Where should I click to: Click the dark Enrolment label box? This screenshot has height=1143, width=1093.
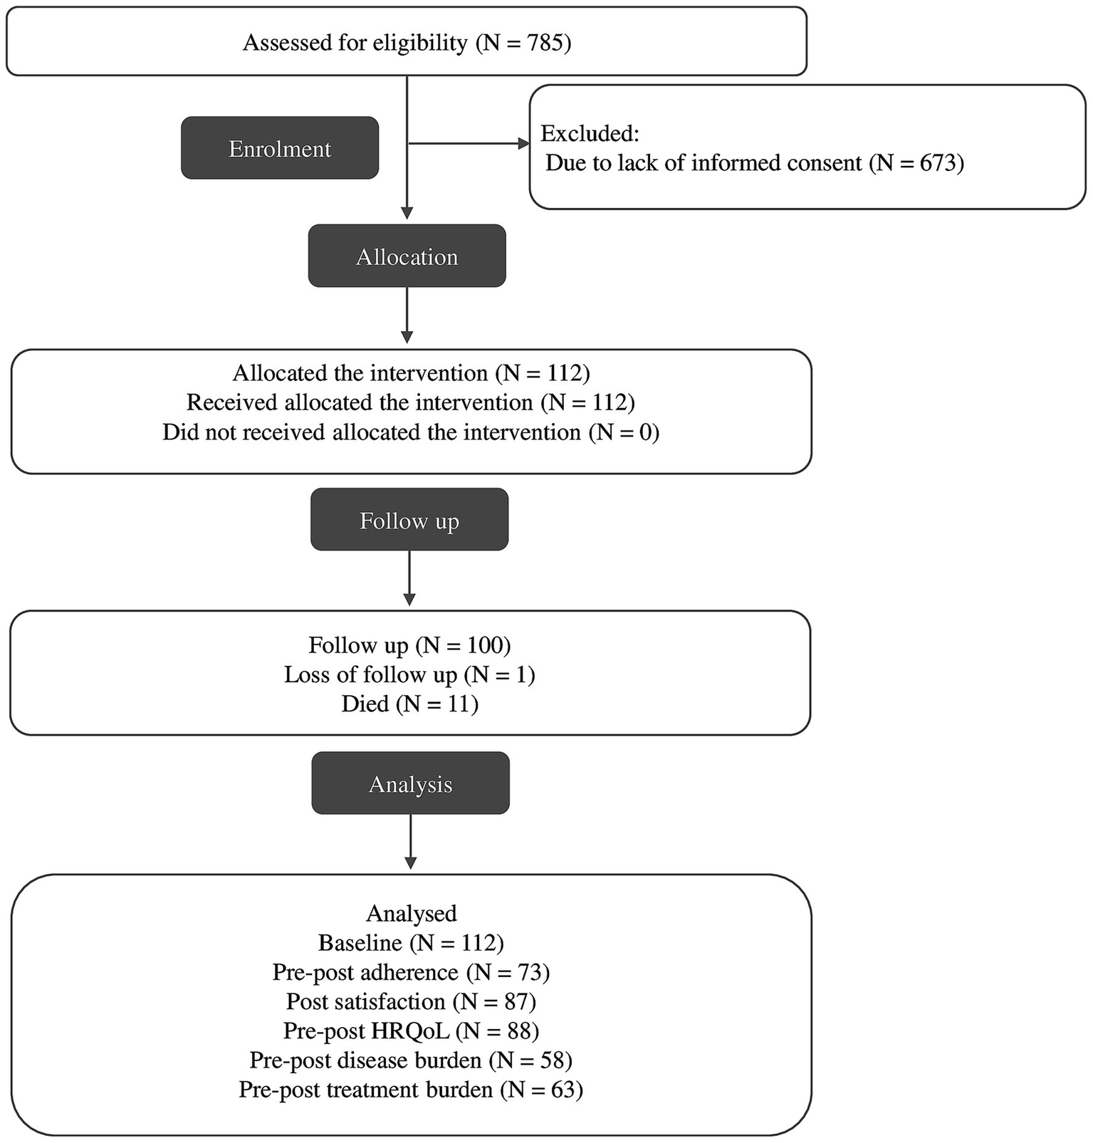[279, 148]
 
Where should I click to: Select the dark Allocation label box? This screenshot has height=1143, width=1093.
[407, 256]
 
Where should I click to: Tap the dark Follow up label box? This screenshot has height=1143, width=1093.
[409, 520]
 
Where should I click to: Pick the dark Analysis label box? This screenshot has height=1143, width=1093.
[410, 783]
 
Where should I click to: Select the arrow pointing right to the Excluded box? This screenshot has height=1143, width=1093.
[470, 144]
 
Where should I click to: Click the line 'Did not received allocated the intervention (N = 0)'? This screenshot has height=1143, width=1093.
[411, 432]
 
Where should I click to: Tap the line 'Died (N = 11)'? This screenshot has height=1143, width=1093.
[409, 704]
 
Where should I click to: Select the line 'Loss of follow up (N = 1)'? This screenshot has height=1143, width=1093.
[409, 674]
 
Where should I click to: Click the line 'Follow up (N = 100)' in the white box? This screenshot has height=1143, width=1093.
[409, 645]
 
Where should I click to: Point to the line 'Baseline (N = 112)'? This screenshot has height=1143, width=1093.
[411, 943]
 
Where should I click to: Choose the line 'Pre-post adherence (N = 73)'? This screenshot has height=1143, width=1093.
[411, 972]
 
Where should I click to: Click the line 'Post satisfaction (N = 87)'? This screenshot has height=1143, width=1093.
[411, 1001]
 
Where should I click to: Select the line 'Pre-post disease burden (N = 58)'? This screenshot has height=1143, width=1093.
[411, 1060]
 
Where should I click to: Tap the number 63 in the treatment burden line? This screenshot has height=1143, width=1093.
[562, 1090]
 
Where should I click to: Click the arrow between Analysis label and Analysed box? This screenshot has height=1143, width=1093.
[411, 840]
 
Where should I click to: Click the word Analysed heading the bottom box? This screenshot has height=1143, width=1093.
[411, 913]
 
